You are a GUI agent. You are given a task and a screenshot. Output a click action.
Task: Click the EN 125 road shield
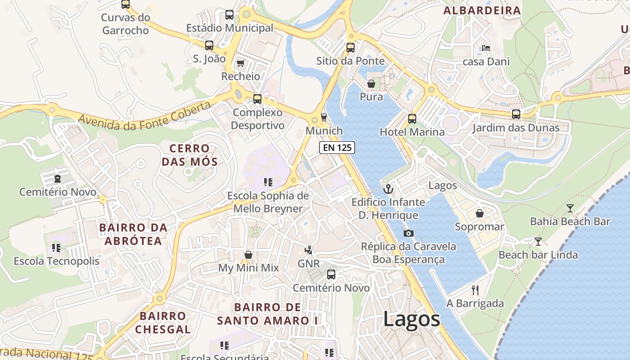point(337,147)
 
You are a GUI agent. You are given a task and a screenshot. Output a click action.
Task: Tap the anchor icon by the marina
point(388,189)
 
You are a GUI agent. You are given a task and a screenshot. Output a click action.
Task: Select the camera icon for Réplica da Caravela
point(408,233)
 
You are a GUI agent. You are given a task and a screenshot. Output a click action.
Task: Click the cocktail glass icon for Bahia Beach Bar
point(570,208)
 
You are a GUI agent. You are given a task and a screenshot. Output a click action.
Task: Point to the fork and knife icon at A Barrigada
point(475,290)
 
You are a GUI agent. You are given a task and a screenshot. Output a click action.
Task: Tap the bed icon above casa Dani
point(486,48)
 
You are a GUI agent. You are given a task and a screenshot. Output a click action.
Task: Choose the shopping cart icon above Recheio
point(240,63)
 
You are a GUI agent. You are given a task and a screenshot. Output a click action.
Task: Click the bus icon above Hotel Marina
point(412,119)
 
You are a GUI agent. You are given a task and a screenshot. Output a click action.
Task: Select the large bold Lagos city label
point(411,319)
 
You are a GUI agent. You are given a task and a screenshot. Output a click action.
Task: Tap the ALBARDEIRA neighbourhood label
point(482,10)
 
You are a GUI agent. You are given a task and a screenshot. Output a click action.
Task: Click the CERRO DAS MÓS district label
point(189,155)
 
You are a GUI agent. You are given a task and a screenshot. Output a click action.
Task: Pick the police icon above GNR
point(308,250)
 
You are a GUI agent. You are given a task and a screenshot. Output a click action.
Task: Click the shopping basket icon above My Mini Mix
point(248,255)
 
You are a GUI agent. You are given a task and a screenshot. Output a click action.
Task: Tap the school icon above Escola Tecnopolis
point(56,247)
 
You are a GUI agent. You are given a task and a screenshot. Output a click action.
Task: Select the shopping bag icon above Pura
point(371,84)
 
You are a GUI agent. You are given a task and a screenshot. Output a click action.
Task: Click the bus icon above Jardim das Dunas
point(516,114)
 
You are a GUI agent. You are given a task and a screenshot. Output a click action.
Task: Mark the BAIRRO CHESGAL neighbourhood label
point(163,323)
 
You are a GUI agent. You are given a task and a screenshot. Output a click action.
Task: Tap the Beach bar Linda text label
point(538,255)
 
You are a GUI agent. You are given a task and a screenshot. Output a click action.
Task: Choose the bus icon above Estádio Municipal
point(229,15)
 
